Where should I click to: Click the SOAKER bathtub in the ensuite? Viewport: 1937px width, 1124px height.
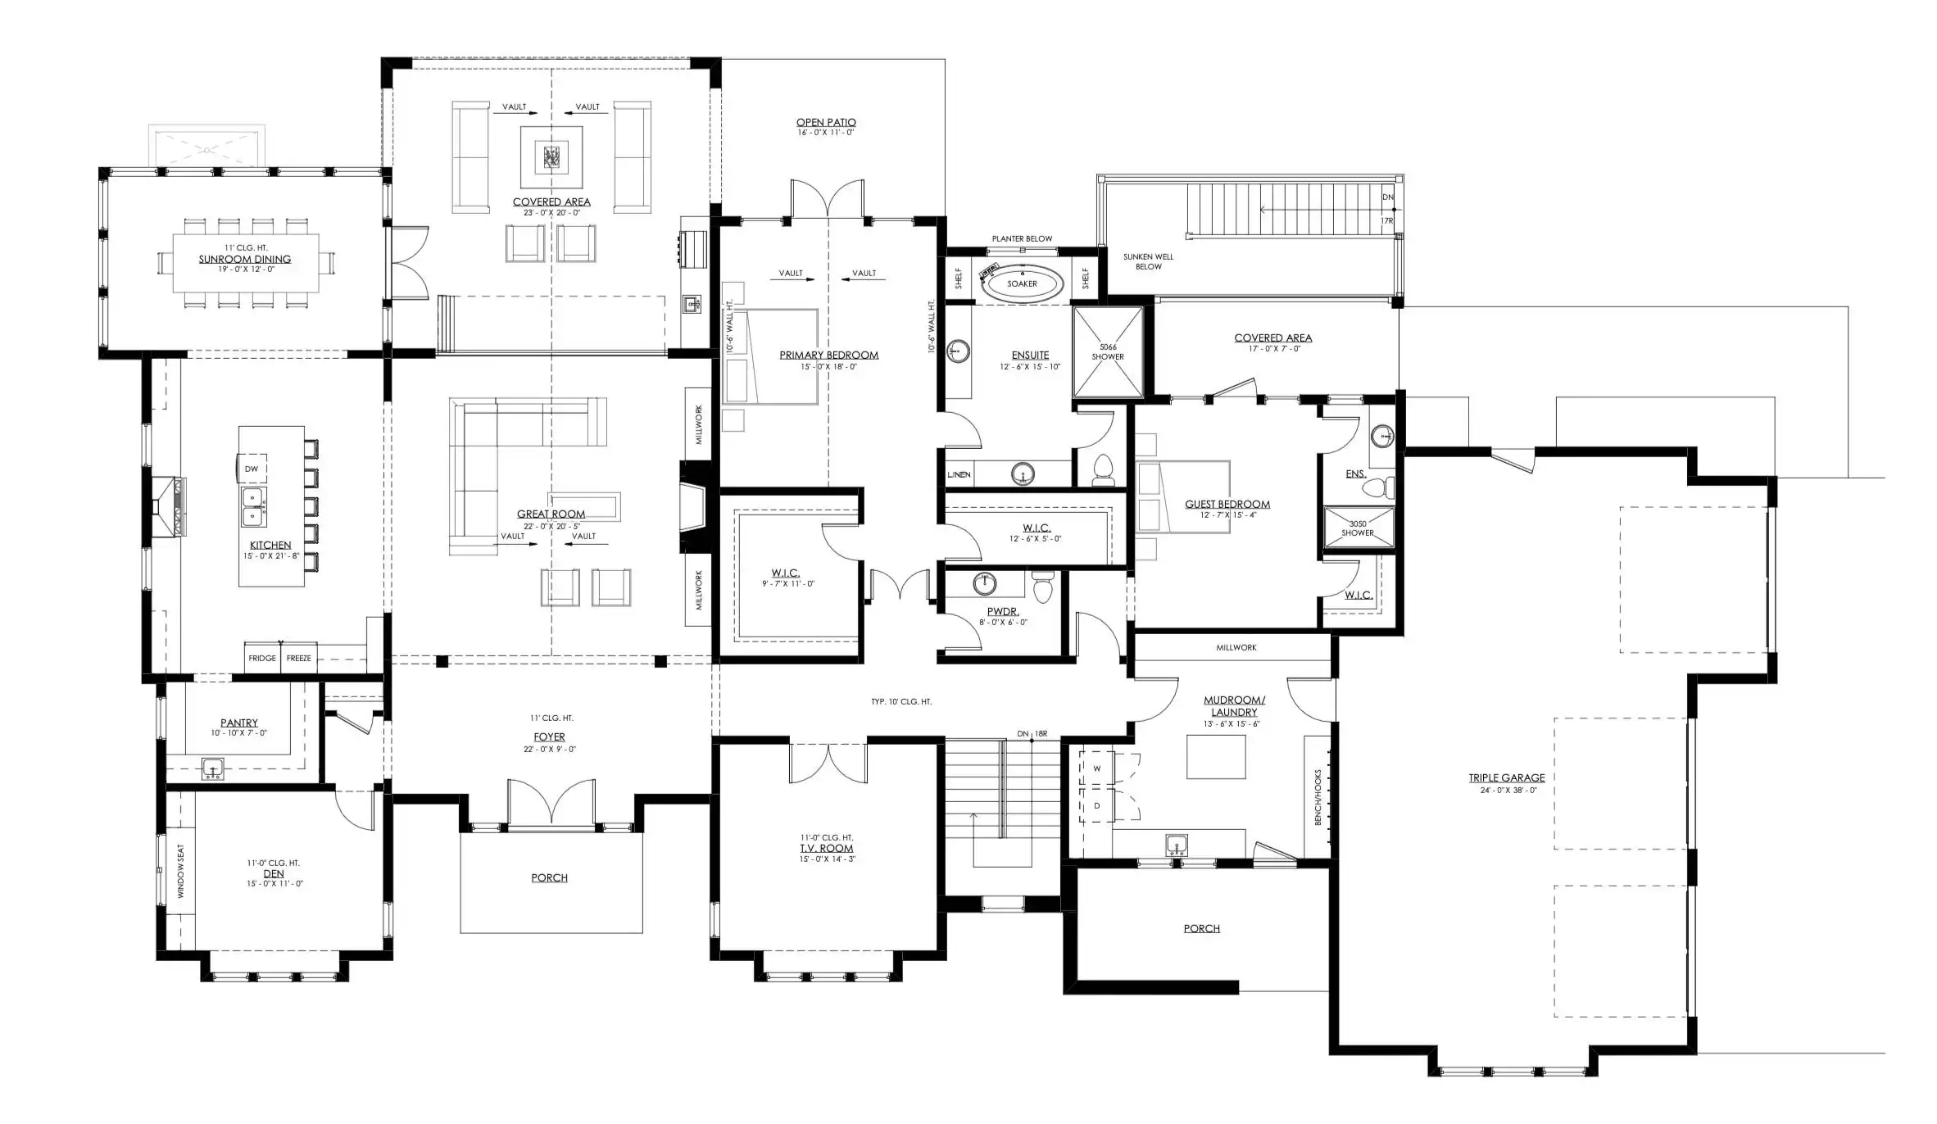1022,284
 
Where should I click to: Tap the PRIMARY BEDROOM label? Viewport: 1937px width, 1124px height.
828,355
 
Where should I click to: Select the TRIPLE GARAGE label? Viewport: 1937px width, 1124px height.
1506,777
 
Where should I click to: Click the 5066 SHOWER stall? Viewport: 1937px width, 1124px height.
1108,351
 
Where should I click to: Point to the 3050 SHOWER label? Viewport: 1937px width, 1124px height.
1358,528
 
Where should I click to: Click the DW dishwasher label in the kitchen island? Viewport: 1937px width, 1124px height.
252,469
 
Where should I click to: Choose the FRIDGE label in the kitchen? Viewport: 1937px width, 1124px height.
262,658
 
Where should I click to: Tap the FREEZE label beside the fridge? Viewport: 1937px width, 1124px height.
298,658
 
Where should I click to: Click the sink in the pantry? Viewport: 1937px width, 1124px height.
213,768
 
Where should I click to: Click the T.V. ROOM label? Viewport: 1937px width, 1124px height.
827,848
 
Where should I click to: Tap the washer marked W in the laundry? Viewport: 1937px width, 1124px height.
1096,768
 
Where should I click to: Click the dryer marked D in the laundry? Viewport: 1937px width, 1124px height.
1096,805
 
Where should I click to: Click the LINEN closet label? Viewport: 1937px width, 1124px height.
959,474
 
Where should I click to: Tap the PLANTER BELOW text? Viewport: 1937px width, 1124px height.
1022,238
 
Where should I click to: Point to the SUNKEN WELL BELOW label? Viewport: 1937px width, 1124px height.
1148,261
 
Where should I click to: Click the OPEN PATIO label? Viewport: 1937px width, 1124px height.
826,122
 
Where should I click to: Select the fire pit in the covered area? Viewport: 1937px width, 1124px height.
551,156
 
